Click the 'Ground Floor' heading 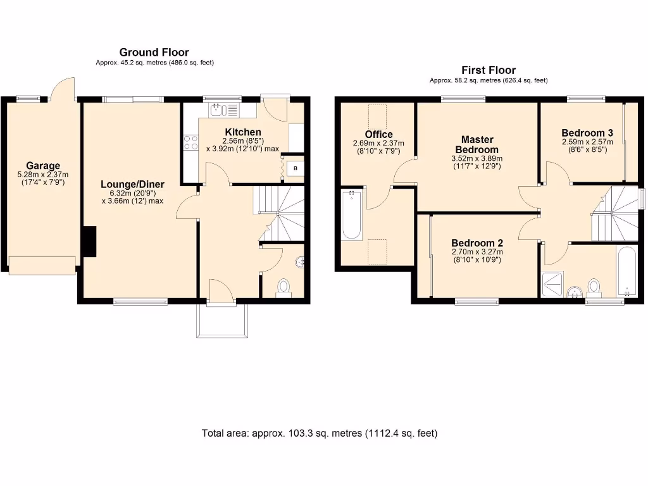[154, 53]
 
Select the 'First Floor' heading [488, 70]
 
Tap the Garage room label [43, 166]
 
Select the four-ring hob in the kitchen [190, 143]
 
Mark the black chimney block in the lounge [89, 242]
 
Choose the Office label [378, 135]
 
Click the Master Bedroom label [477, 144]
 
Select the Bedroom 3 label [587, 133]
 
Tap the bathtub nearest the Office [352, 215]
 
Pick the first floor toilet [594, 287]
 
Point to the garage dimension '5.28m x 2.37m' [43, 175]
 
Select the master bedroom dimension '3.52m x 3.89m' [477, 159]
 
